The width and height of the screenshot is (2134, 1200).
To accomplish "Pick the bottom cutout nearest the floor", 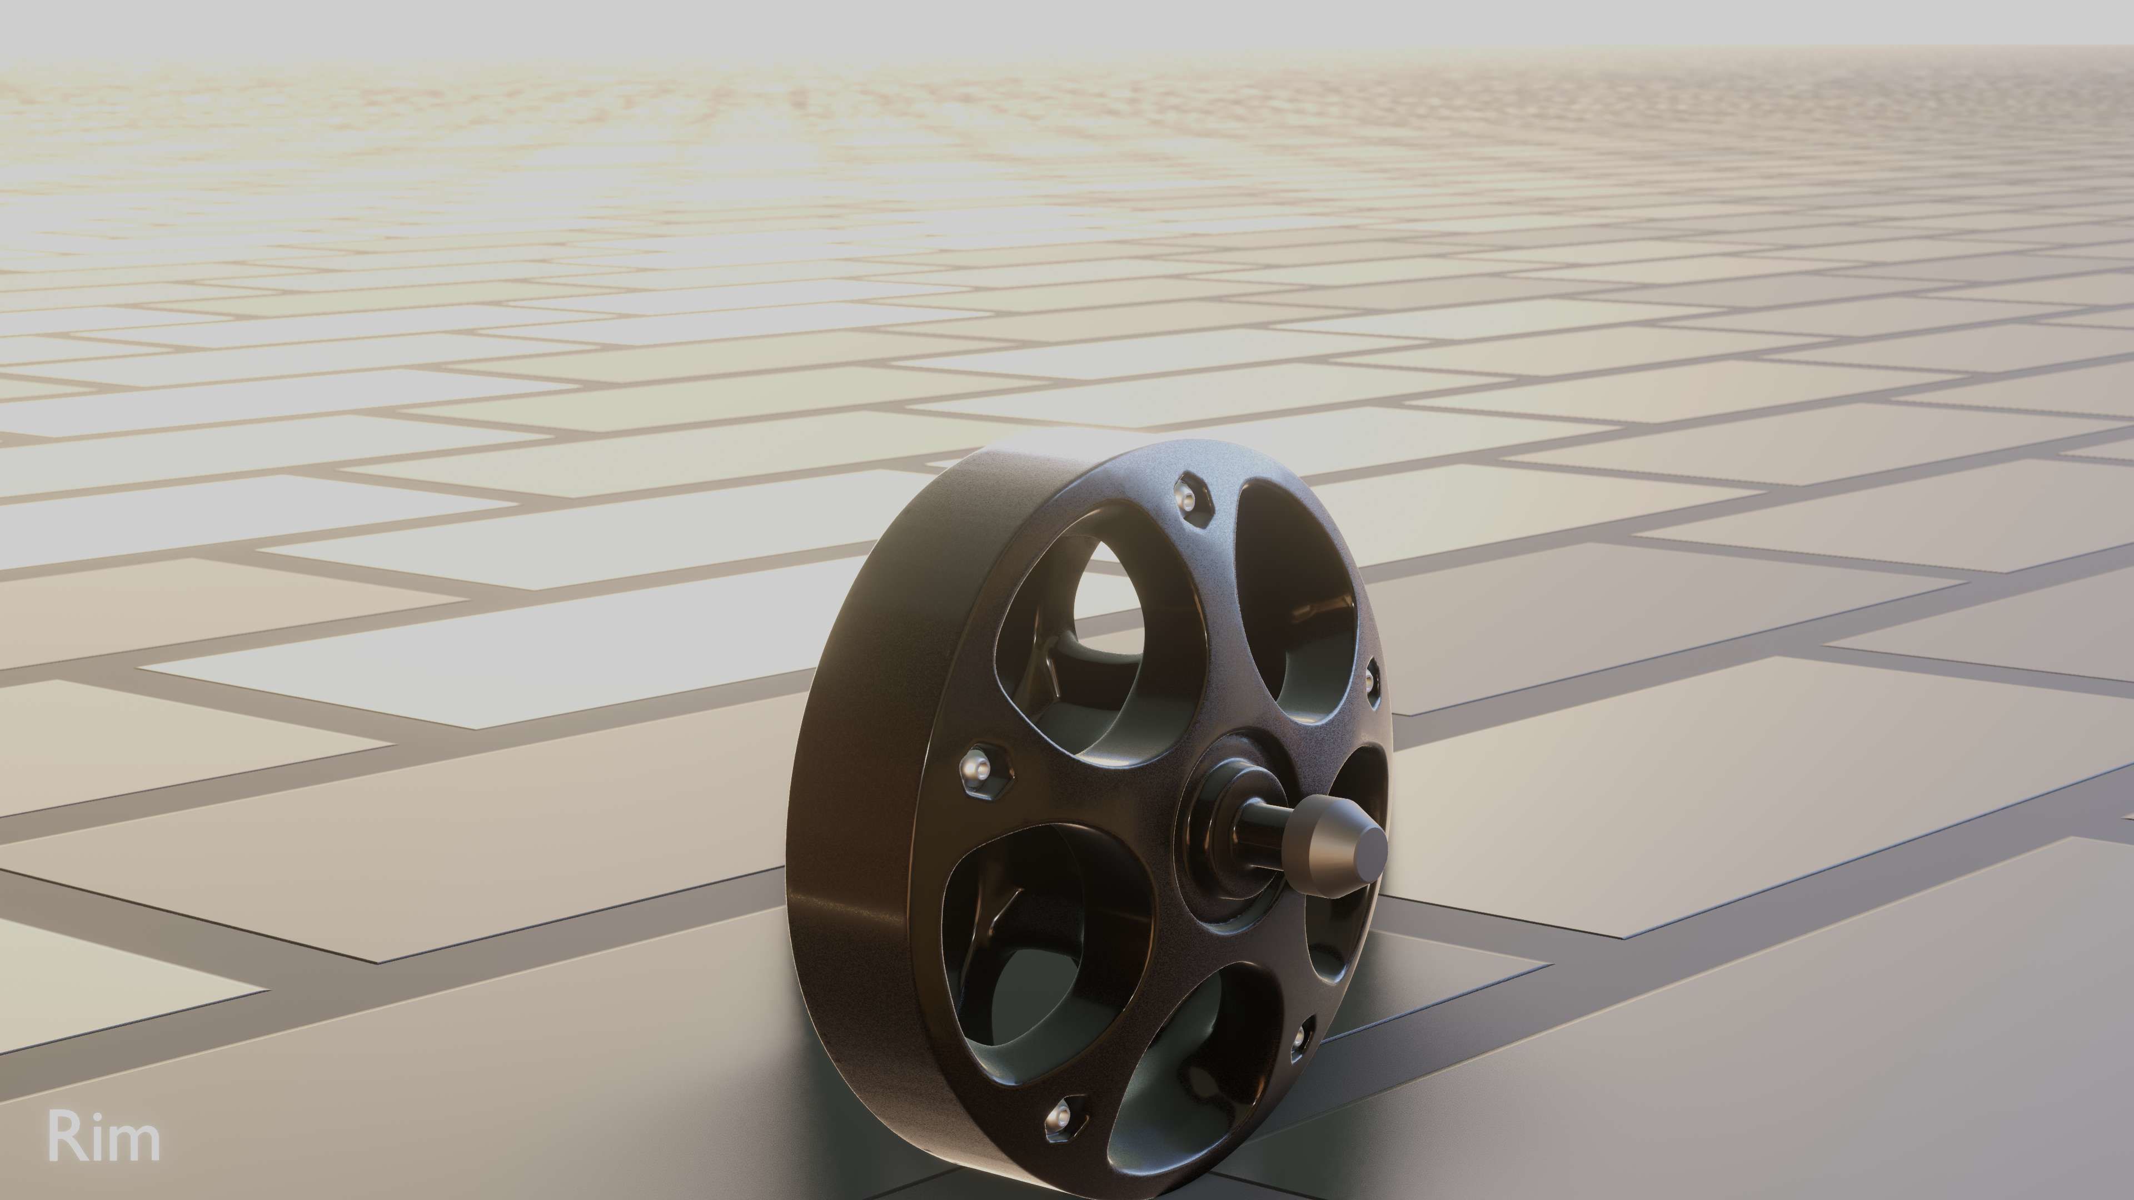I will pyautogui.click(x=1185, y=1093).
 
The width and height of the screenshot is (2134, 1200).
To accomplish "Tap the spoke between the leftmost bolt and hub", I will pyautogui.click(x=1085, y=795).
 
